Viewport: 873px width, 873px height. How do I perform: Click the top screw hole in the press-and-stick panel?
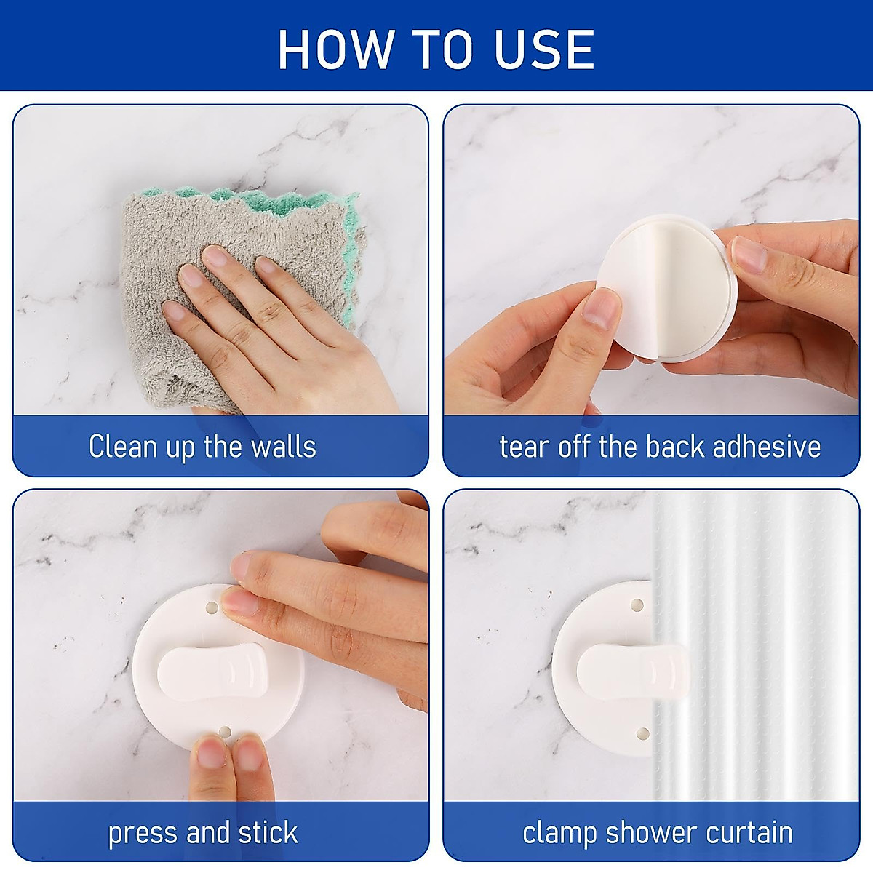211,606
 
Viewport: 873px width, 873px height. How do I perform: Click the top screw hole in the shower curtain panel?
637,605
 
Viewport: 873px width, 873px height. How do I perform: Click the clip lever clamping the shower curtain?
626,669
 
